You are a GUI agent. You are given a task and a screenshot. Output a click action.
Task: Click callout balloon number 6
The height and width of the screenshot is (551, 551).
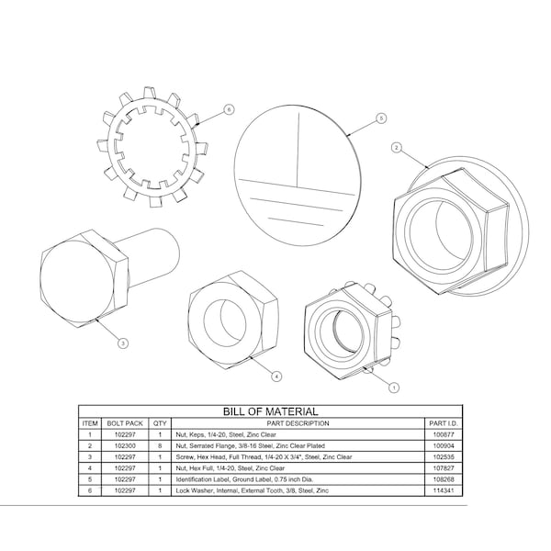coord(229,109)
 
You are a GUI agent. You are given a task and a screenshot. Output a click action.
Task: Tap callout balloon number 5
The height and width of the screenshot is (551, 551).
coord(381,118)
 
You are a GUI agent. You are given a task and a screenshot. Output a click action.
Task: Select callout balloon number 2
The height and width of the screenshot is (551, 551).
coord(397,148)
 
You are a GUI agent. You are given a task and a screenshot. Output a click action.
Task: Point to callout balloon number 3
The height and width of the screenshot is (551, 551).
coord(123,343)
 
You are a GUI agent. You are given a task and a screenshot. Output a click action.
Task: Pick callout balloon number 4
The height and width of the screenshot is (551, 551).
coord(277,377)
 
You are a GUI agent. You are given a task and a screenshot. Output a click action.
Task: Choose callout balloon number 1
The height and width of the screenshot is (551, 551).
coord(394,388)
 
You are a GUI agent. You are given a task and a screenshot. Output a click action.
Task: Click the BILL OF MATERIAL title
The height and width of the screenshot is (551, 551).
coord(271,411)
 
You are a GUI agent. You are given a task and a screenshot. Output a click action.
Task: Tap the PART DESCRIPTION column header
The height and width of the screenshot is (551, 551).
coord(298,423)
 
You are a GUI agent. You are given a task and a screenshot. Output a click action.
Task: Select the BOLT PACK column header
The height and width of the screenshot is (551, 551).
coord(125,423)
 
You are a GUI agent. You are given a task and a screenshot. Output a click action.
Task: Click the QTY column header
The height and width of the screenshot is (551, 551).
coord(160,423)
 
